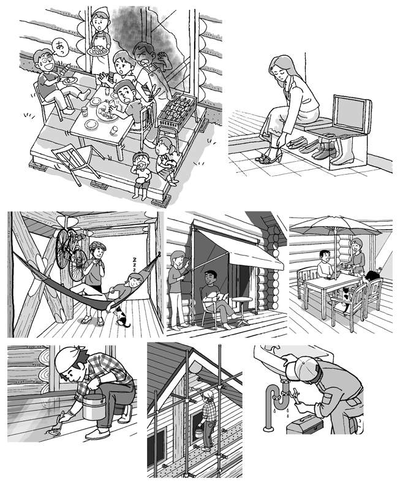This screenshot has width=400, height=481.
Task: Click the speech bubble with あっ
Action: (59, 48)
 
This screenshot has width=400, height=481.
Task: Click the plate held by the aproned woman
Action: (98, 51)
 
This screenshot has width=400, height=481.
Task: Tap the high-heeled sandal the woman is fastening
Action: (270, 156)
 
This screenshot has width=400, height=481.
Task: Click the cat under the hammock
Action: (122, 317)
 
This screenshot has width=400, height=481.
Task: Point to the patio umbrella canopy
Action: (335, 225)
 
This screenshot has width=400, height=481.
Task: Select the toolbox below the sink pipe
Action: (304, 423)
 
